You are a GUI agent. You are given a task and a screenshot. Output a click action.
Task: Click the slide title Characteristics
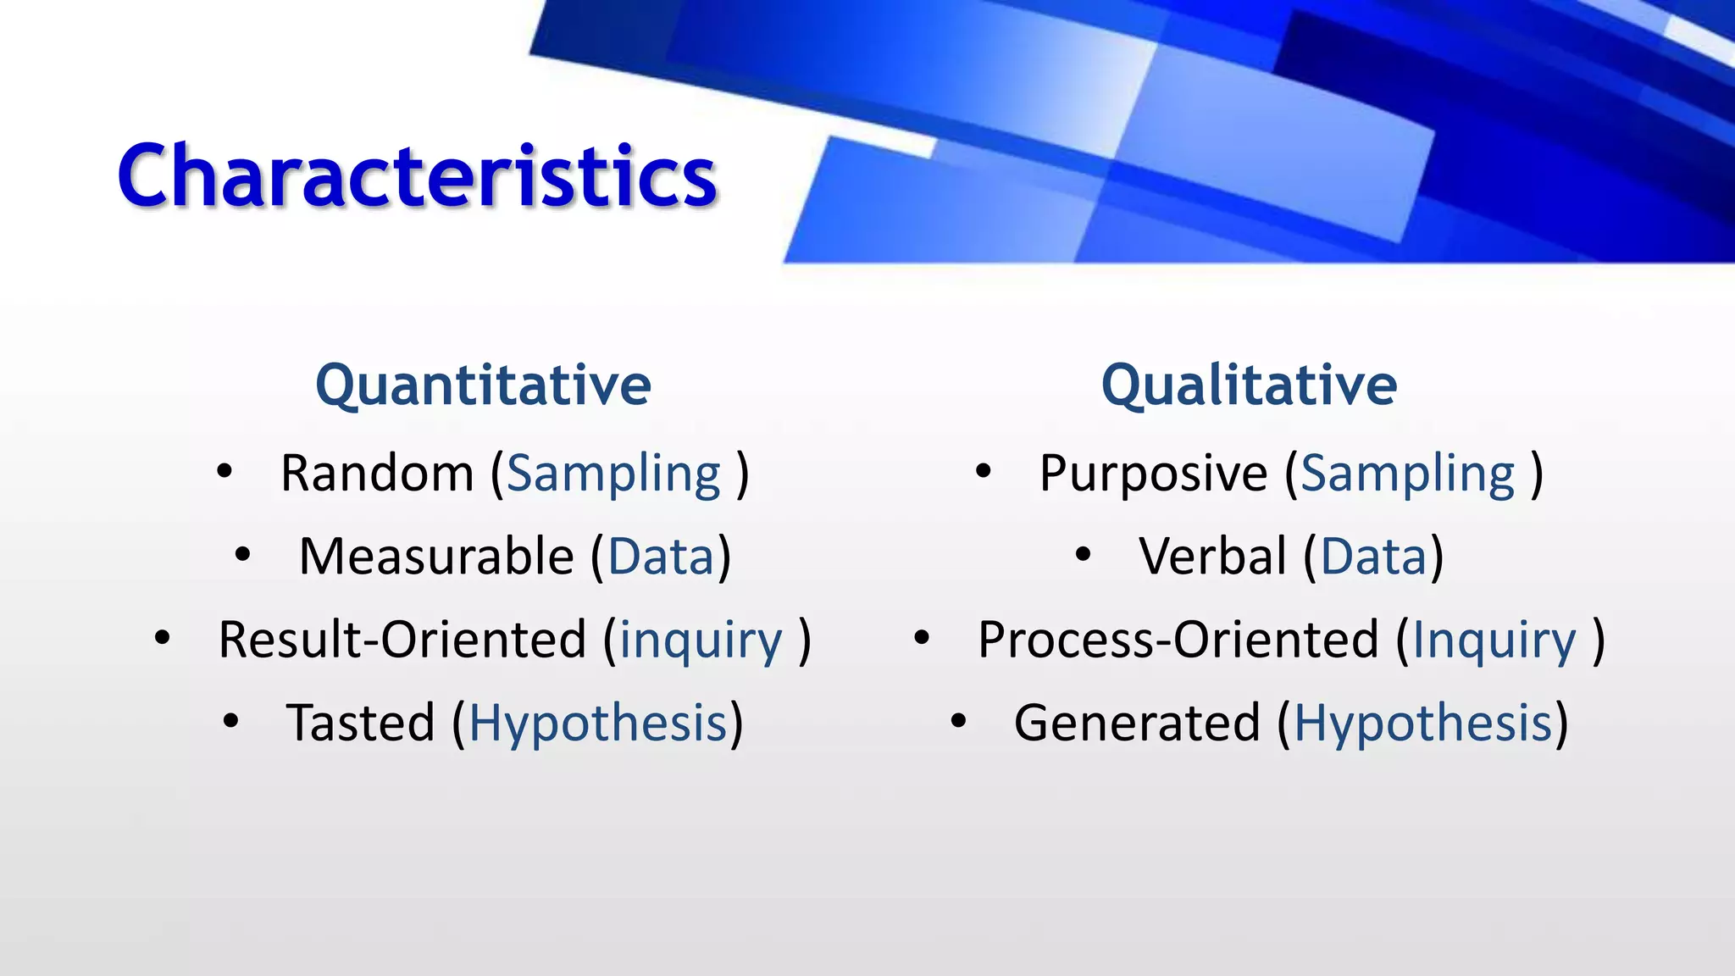[417, 175]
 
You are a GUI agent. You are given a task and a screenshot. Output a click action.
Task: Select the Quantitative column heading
[483, 385]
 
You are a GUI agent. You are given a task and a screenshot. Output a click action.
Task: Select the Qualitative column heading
[1249, 385]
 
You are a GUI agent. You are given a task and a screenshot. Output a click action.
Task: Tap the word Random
[377, 473]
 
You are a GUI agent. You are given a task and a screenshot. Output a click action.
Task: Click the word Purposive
[1153, 473]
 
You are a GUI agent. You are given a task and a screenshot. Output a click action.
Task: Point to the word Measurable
[436, 557]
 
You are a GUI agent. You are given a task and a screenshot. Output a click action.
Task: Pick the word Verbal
[1213, 557]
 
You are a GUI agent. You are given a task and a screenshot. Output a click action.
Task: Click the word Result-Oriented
[402, 640]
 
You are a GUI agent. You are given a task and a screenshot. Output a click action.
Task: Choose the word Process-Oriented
[1178, 640]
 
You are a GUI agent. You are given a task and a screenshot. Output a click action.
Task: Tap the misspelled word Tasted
[360, 724]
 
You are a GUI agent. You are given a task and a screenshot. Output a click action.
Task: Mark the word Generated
[1137, 724]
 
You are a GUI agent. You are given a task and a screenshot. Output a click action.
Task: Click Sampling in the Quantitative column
[614, 474]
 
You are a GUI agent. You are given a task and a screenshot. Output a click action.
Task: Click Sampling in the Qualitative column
[1408, 474]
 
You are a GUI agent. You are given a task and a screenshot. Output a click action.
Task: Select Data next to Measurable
[661, 557]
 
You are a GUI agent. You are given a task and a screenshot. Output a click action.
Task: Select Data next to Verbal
[1373, 557]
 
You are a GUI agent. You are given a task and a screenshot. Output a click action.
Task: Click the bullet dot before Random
[224, 472]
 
